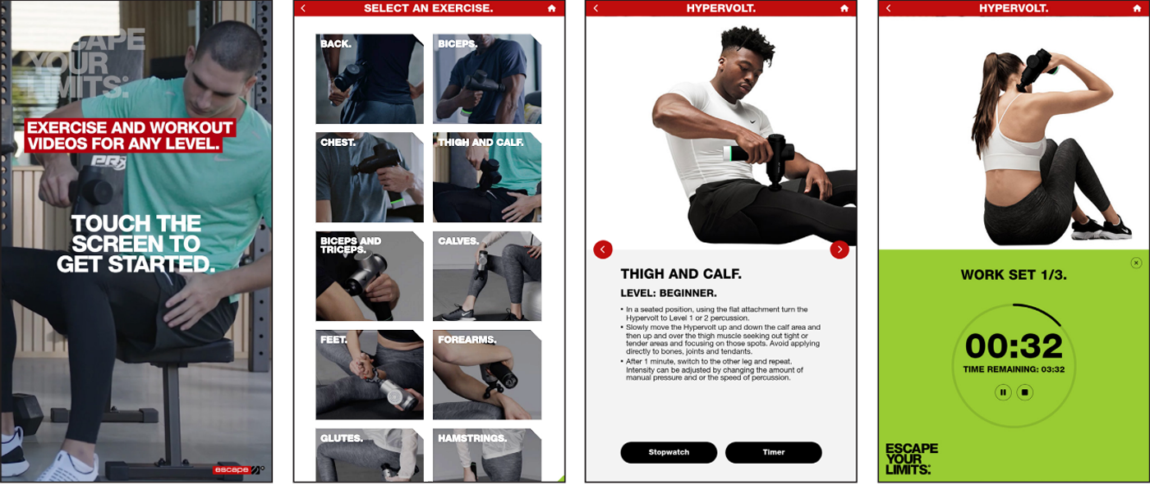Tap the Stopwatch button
point(669,452)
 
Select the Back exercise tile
point(370,79)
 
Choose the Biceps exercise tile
point(486,79)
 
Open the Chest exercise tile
point(370,177)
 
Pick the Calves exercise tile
point(486,277)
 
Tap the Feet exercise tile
point(370,375)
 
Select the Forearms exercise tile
point(486,375)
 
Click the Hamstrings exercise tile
point(486,455)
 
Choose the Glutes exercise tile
point(370,455)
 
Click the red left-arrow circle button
point(603,249)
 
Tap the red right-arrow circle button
point(839,249)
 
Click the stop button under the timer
point(1025,393)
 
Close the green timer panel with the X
point(1136,263)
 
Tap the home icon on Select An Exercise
point(552,8)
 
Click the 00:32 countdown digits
point(1014,346)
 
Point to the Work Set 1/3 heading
point(1014,275)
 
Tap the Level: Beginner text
point(669,293)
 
